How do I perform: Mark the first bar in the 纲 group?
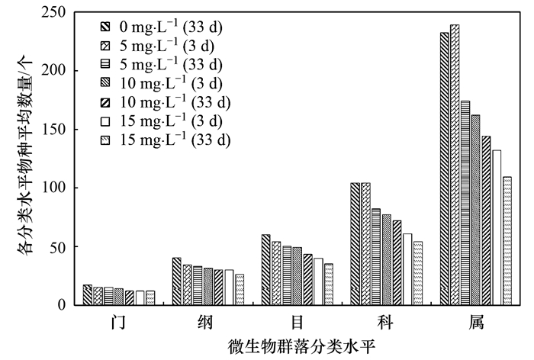[x=177, y=281]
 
